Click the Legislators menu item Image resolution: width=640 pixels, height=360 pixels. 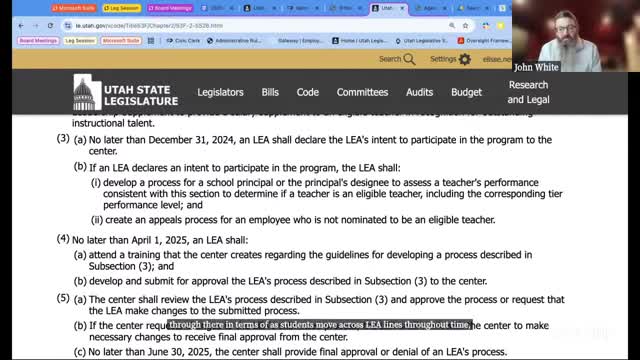tap(219, 92)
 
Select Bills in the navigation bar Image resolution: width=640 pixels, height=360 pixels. tap(270, 92)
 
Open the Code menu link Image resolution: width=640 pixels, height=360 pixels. tap(308, 92)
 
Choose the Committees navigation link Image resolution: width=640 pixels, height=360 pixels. tap(362, 92)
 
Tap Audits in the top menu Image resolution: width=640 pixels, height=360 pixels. tap(420, 92)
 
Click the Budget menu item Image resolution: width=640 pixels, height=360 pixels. tap(466, 92)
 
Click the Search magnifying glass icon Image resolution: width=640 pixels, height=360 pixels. tap(410, 59)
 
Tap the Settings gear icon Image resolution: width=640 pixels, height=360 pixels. tap(465, 59)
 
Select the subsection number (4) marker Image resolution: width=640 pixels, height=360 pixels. tap(62, 240)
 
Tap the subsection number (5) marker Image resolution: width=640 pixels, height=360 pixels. tap(62, 297)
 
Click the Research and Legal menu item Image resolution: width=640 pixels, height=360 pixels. tap(527, 92)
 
